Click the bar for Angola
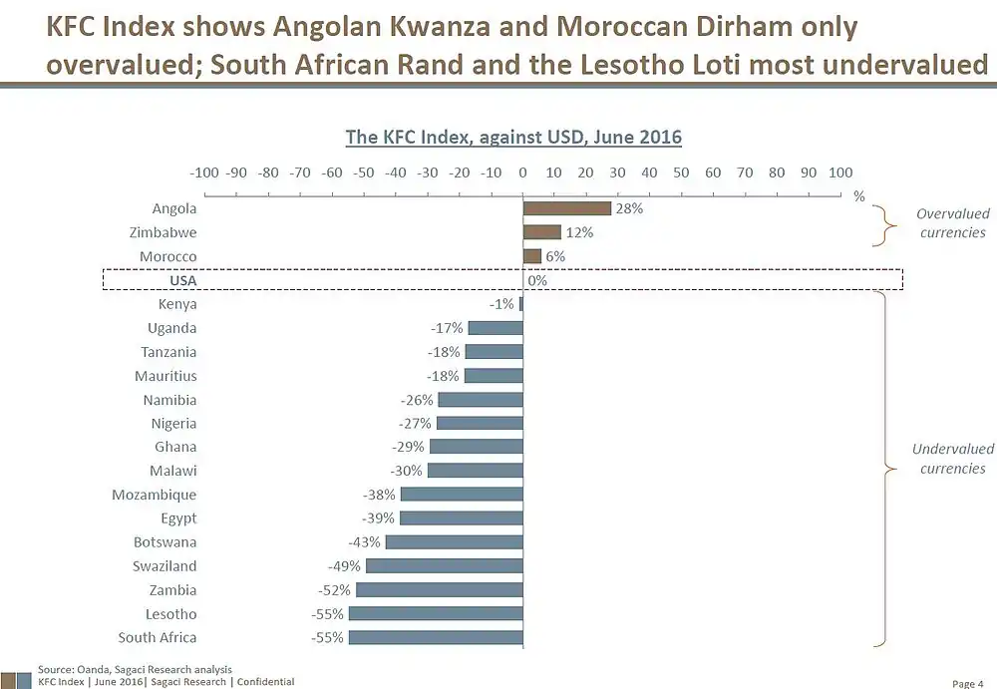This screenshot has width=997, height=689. tap(566, 208)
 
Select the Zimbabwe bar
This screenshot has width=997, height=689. tap(541, 232)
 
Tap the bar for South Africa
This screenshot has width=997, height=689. tap(436, 637)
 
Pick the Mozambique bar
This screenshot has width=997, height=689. tap(462, 495)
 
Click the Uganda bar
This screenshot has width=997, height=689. tap(496, 328)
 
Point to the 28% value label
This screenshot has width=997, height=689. tap(630, 209)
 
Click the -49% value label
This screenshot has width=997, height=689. tap(348, 566)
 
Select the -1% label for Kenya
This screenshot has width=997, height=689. tap(502, 304)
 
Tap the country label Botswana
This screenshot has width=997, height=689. tap(166, 542)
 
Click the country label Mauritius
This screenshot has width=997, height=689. tap(166, 376)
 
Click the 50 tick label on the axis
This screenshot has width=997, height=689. tap(681, 172)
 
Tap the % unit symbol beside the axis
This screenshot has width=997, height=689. tap(858, 195)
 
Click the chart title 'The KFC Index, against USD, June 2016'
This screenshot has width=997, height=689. tap(512, 137)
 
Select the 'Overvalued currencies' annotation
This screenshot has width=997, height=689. tap(952, 223)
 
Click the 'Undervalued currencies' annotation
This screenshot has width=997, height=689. tap(952, 459)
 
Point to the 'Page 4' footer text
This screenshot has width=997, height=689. tap(967, 683)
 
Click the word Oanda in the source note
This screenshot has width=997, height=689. tap(91, 669)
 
